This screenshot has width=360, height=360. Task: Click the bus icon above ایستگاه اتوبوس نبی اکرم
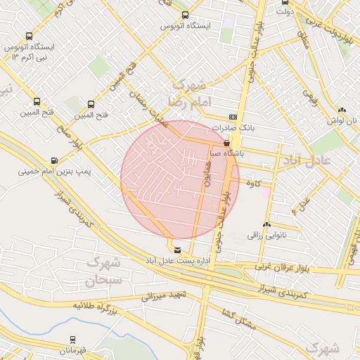point(29,36)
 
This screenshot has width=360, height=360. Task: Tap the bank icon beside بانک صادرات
point(233,117)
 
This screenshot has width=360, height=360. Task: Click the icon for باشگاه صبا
point(226,141)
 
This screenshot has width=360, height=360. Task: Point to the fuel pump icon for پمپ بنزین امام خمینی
point(54,160)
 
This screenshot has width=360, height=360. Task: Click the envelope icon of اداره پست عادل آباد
point(176,250)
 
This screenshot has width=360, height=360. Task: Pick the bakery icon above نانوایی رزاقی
point(266,225)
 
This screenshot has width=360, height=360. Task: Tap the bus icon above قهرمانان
point(72,340)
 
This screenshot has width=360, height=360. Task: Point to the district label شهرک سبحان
point(104,271)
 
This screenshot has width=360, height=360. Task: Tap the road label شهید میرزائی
point(163,296)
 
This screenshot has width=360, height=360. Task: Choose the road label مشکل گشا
point(236,316)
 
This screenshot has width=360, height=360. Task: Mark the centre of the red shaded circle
point(180,179)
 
